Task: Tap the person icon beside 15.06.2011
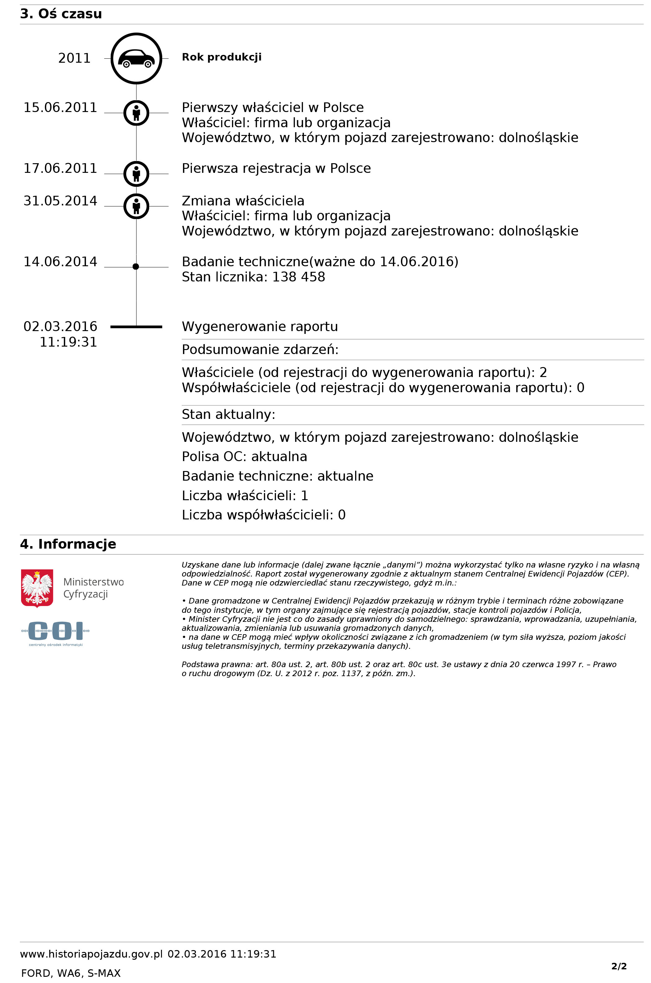136,113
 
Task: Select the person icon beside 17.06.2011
136,173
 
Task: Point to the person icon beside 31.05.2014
136,206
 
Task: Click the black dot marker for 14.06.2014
136,267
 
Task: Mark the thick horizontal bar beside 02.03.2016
136,327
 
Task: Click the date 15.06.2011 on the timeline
60,108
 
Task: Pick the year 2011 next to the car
74,58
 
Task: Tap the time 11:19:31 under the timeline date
68,342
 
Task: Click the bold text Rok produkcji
222,57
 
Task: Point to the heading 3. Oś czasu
61,14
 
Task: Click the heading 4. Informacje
68,544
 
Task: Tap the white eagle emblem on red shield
37,588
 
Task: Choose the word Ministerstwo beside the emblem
93,582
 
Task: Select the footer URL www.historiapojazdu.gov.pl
91,954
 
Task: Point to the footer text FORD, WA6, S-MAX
71,973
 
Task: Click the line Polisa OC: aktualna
244,457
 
